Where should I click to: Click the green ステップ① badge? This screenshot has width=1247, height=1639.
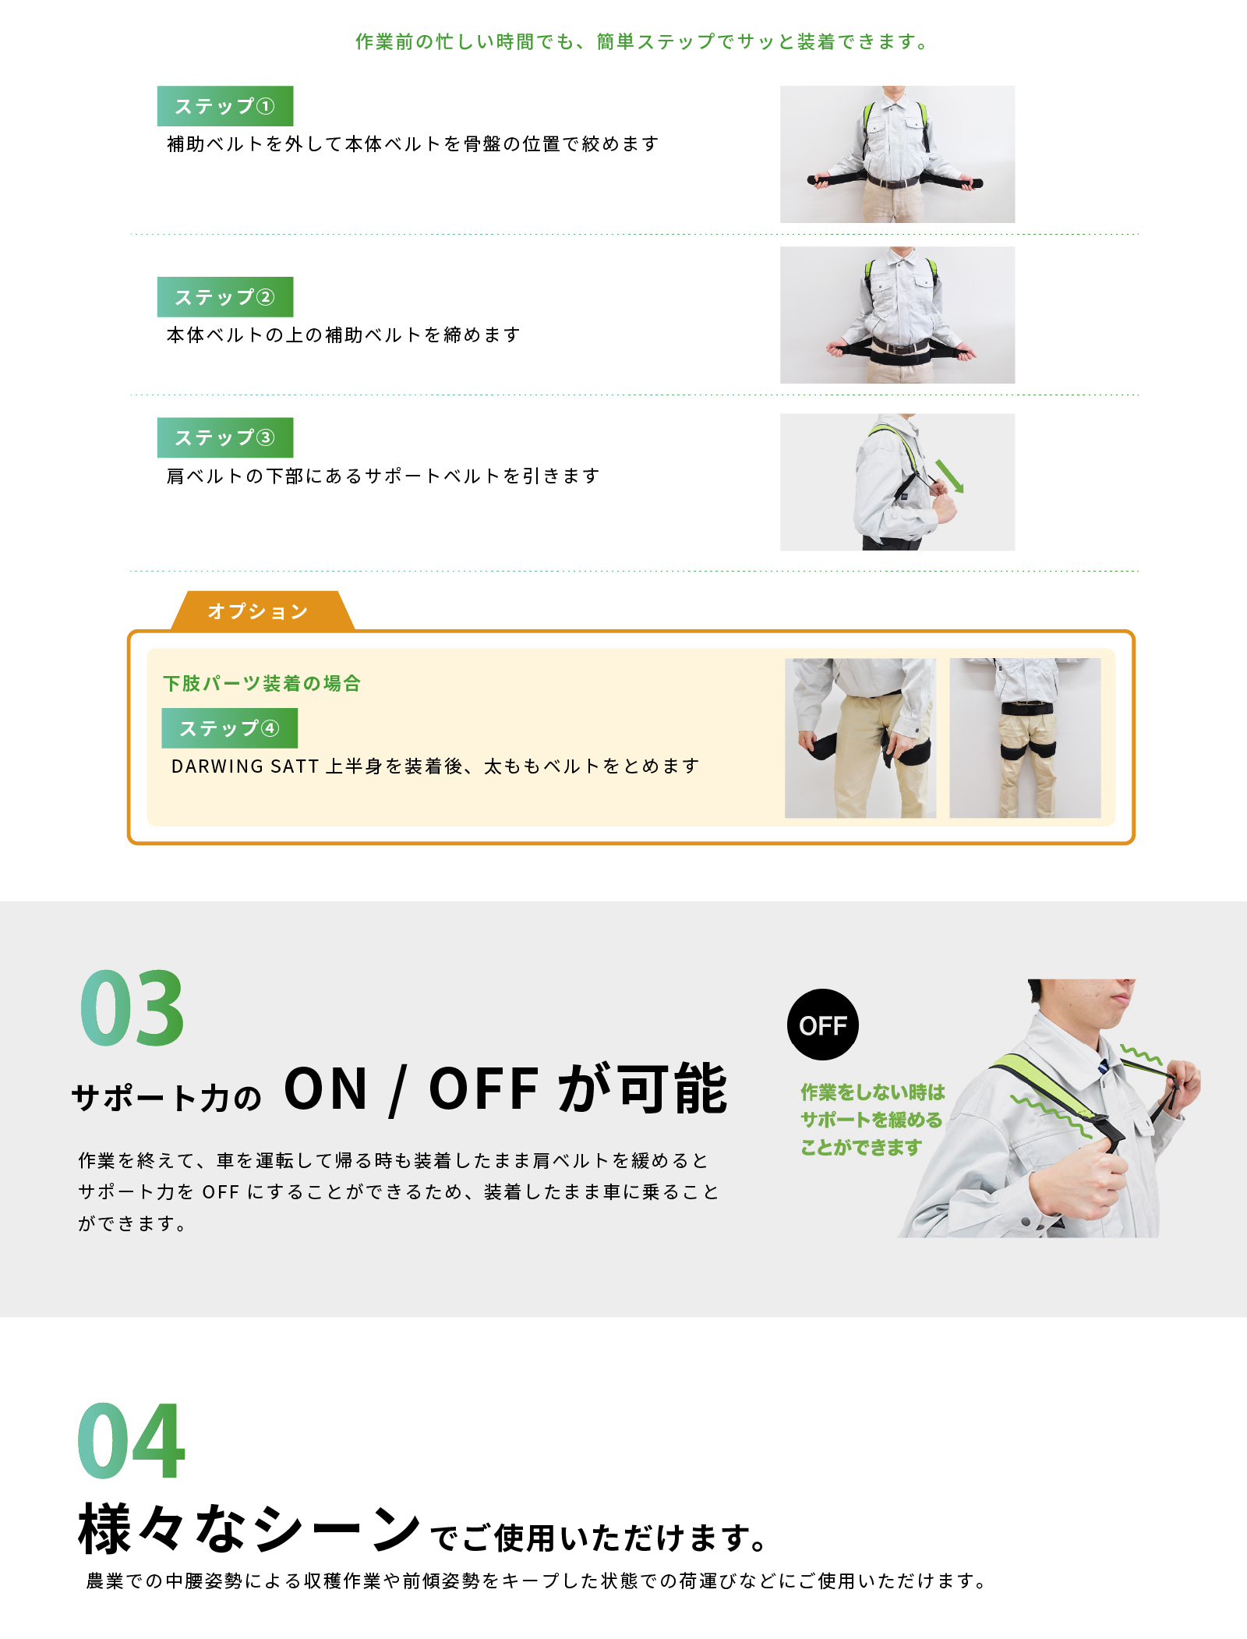224,106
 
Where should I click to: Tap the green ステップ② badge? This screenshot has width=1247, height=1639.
224,297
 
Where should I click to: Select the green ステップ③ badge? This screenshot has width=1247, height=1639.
224,437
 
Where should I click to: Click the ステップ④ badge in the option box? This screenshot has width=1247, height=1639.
229,728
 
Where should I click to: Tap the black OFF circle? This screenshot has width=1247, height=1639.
823,1025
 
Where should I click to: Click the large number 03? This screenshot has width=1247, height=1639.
132,1009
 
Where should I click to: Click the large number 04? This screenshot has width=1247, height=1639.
131,1441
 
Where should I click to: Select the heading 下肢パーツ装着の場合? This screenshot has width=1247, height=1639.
262,684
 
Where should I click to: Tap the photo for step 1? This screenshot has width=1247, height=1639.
897,154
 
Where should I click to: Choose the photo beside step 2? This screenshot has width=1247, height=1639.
897,315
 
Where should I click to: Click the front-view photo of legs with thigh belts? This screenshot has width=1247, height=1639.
1025,738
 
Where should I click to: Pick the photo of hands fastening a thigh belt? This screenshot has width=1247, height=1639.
860,738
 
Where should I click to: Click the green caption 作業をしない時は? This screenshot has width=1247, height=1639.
873,1092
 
